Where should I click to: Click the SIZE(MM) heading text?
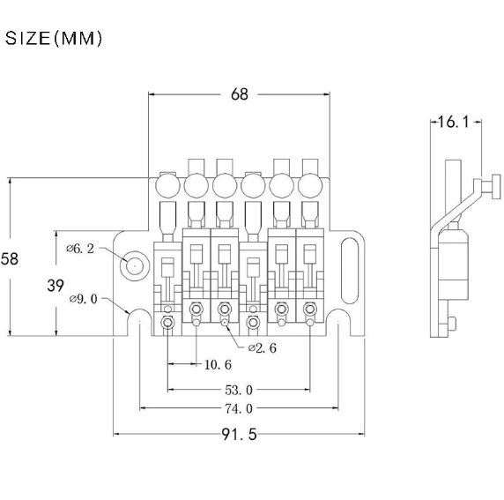click(54, 38)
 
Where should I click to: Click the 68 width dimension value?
click(240, 94)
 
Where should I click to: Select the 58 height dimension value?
click(10, 259)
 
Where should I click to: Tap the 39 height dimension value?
click(56, 286)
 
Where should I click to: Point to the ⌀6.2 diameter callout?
click(80, 249)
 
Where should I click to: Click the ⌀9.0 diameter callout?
click(83, 299)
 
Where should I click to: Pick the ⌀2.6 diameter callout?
click(263, 348)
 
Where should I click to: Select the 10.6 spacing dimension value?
click(218, 364)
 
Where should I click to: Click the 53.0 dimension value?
click(239, 391)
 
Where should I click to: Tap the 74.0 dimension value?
click(239, 408)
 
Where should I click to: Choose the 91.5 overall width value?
click(239, 435)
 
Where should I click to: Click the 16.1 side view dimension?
click(454, 122)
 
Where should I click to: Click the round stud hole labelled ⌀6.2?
click(134, 266)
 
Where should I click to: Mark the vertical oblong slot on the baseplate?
click(350, 271)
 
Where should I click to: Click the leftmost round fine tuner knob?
click(167, 185)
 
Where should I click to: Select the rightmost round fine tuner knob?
click(310, 185)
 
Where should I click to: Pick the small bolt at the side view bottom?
click(452, 323)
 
